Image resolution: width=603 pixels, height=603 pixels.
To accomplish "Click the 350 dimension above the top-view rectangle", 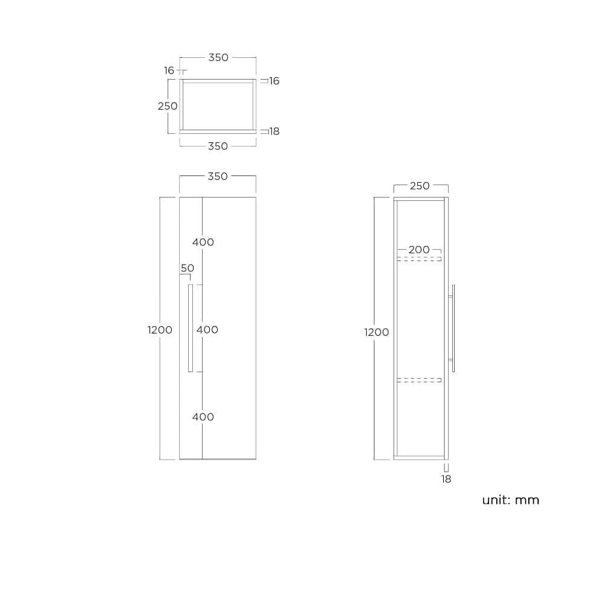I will (218, 58).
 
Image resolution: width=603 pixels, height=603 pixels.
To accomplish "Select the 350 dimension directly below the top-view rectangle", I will (218, 147).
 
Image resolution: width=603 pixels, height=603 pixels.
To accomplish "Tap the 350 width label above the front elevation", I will (218, 177).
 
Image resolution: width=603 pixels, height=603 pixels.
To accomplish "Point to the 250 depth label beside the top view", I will (168, 106).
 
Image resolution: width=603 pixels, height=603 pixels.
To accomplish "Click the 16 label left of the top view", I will (169, 71).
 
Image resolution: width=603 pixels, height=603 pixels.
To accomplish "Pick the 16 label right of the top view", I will (274, 81).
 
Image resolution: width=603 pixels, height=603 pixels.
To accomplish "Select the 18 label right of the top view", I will (274, 131).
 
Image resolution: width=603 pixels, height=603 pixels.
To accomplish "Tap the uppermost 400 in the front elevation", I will (203, 242).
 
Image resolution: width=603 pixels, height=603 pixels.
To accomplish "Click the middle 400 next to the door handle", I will (207, 330).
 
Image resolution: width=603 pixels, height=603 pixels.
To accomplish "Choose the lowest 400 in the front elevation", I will (203, 417).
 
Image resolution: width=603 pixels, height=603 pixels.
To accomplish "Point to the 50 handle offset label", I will (188, 268).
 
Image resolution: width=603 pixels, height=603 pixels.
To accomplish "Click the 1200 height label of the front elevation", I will (160, 330).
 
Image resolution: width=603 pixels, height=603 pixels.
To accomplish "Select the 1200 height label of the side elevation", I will (376, 332).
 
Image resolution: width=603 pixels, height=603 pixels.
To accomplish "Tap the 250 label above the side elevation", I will (420, 186).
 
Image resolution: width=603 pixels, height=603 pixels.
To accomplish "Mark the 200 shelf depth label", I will (419, 250).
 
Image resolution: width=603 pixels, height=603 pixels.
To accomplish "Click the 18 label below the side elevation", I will (446, 479).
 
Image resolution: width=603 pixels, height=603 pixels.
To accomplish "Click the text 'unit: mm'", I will (510, 500).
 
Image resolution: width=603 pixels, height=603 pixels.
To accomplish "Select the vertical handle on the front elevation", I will (191, 328).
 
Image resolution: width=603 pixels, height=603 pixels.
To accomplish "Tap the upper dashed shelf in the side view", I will (419, 259).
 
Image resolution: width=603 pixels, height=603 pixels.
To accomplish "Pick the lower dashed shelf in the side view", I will (419, 380).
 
